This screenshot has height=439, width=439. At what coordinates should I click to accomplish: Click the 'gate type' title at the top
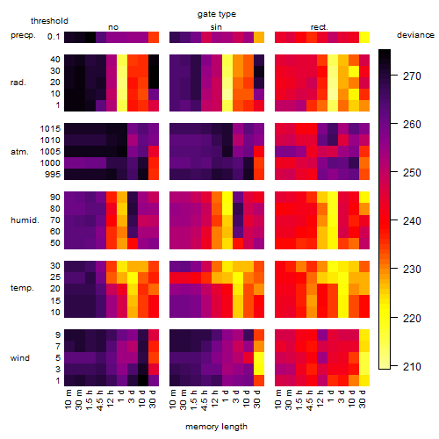(217, 14)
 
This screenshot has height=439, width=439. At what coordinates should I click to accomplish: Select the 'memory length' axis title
(216, 427)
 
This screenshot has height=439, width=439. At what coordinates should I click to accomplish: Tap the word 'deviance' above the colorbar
(415, 35)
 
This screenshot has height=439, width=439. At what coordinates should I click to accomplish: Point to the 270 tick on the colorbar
(394, 76)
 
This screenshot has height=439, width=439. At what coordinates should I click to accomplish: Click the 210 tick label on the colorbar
(412, 366)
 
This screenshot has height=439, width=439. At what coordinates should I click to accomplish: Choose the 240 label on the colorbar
(412, 220)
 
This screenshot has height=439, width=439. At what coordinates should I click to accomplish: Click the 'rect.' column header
(319, 27)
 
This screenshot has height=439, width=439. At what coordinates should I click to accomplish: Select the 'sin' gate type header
(216, 27)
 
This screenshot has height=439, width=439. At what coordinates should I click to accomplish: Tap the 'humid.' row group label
(25, 220)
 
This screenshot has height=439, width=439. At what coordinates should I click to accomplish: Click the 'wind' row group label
(20, 358)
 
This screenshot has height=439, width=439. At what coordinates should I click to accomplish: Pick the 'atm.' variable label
(19, 152)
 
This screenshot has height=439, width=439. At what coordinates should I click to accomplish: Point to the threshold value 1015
(50, 129)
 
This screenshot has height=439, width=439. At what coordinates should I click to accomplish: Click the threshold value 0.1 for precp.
(54, 37)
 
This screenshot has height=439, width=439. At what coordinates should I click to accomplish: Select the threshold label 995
(53, 175)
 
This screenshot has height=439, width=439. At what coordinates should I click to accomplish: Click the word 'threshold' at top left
(49, 21)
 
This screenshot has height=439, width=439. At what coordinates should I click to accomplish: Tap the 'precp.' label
(23, 35)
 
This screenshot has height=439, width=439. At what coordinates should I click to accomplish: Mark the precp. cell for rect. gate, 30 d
(364, 37)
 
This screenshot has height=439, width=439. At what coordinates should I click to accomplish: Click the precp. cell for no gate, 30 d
(154, 37)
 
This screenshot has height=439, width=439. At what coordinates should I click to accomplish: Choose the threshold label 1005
(50, 152)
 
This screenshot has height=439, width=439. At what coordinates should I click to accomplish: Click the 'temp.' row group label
(22, 288)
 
